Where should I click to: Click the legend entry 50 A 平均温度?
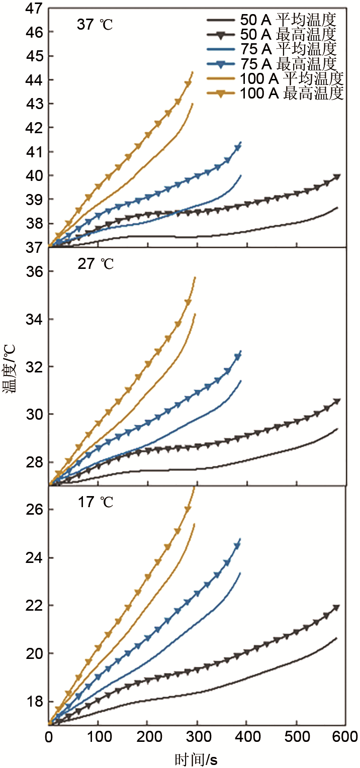(275, 20)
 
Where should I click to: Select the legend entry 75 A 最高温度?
(275, 64)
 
